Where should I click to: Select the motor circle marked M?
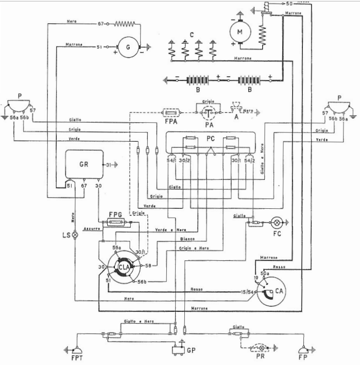239,32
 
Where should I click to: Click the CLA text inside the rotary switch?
123,267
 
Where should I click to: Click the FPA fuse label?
170,124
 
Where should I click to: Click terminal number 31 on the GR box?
109,165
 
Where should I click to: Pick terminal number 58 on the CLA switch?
147,266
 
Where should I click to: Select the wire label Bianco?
187,240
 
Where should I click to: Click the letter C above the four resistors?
191,35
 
